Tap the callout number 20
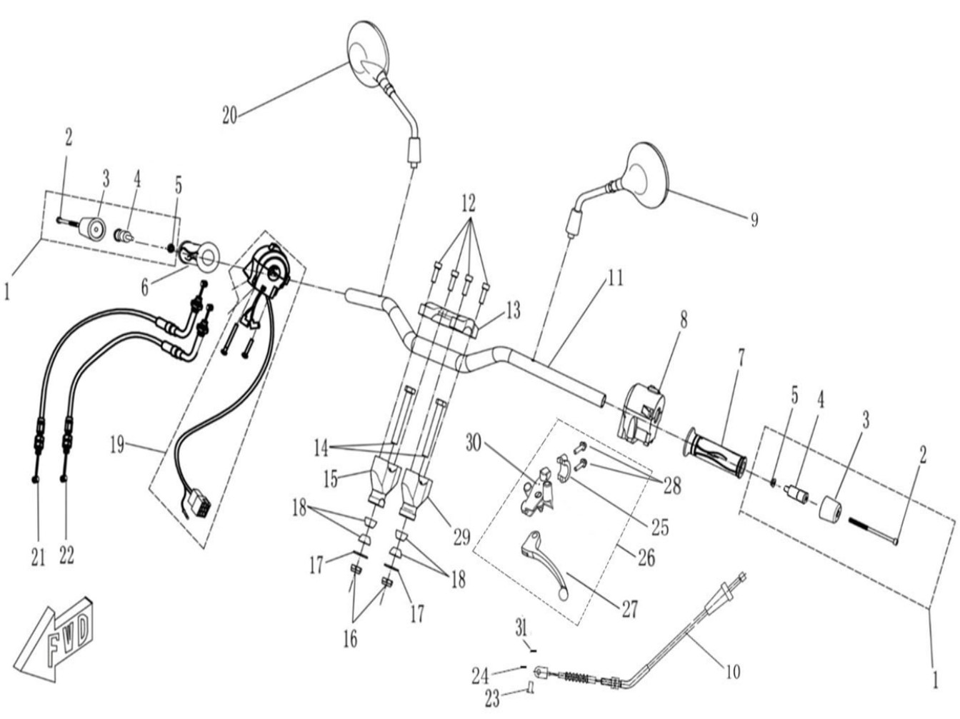[229, 116]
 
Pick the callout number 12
[469, 203]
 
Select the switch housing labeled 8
[641, 411]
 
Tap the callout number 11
[616, 278]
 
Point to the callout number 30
[474, 444]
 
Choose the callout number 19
[117, 446]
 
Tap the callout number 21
[38, 558]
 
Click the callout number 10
[733, 671]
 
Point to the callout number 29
[461, 537]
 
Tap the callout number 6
[146, 288]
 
